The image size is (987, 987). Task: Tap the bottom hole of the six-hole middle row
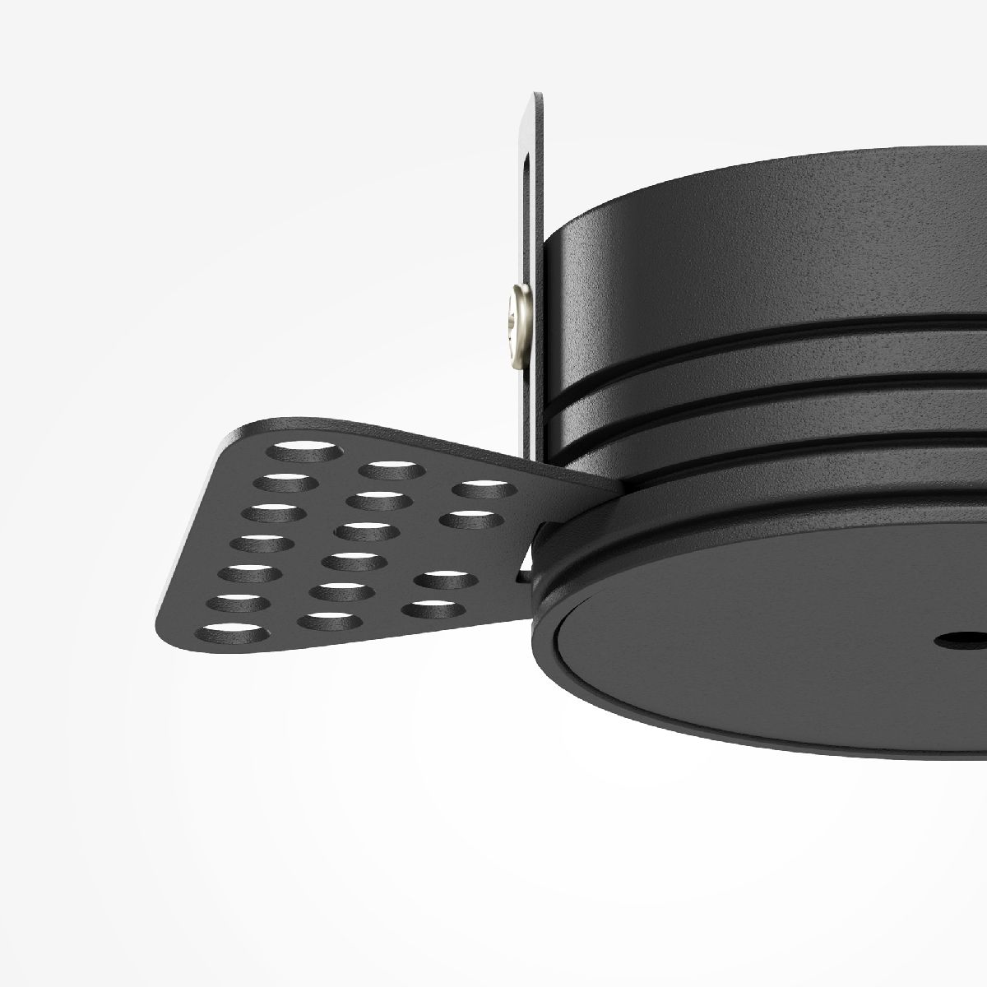tap(329, 620)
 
